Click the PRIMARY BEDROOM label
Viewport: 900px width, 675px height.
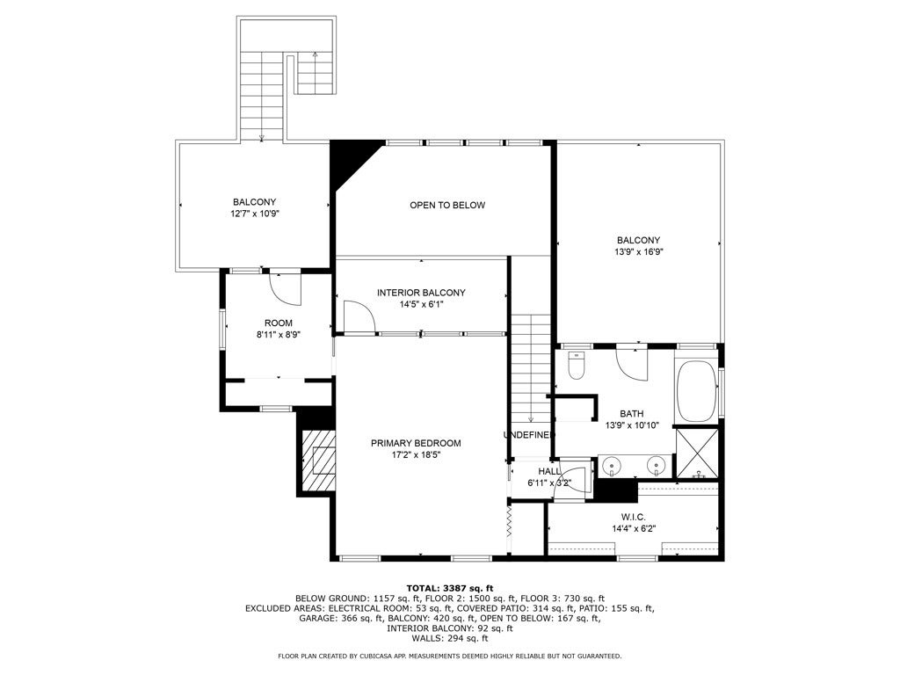[415, 443]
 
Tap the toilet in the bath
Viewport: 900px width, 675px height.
[577, 365]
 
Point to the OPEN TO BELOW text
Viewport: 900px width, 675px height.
[446, 206]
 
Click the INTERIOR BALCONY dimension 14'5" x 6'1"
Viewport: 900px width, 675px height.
[421, 305]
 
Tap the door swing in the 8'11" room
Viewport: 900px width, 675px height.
[285, 285]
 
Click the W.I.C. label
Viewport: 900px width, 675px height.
[634, 518]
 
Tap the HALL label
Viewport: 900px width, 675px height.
[549, 472]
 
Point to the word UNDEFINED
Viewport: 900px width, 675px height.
[529, 435]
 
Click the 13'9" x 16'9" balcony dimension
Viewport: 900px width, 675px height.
[638, 251]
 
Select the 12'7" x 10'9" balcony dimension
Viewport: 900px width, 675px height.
[254, 214]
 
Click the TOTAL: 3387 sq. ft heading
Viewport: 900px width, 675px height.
[449, 587]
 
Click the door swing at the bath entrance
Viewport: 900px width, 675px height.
[632, 361]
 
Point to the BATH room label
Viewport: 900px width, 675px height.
[632, 413]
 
